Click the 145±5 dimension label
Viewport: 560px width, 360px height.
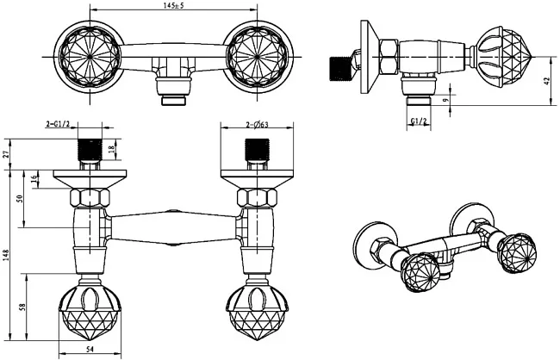(x=173, y=6)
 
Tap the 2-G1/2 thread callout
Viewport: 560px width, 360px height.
(x=58, y=124)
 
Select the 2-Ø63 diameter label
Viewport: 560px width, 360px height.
(x=257, y=125)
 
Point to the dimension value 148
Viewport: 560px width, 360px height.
(x=6, y=255)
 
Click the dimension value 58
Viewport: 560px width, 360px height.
(x=22, y=307)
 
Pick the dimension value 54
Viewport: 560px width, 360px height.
(x=90, y=350)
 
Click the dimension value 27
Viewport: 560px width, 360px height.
(x=6, y=154)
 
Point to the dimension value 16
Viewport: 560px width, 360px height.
(x=34, y=179)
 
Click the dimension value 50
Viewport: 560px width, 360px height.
(x=20, y=198)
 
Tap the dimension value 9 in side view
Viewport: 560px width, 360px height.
(x=445, y=101)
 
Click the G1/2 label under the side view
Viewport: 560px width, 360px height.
(x=419, y=121)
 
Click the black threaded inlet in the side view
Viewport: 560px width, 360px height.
(x=339, y=68)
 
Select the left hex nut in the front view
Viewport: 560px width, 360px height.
(x=90, y=198)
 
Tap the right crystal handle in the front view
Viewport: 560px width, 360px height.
(x=257, y=309)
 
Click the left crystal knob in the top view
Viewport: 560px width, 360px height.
(x=90, y=57)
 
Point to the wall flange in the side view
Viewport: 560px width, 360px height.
(x=370, y=57)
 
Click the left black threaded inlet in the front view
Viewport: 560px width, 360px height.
(x=90, y=150)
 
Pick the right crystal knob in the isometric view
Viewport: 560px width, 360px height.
(x=517, y=253)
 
